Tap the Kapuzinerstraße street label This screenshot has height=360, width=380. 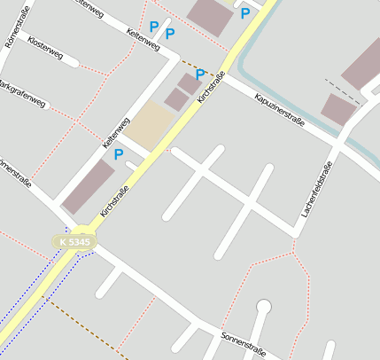pyautogui.click(x=278, y=110)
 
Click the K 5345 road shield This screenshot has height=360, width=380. pyautogui.click(x=74, y=241)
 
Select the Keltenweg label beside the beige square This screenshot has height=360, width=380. pyautogui.click(x=115, y=132)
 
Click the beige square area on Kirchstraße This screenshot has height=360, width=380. pyautogui.click(x=149, y=125)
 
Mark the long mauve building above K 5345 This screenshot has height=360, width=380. pyautogui.click(x=88, y=185)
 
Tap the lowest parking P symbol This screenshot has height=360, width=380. pyautogui.click(x=118, y=154)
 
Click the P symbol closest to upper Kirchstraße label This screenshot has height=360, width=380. pyautogui.click(x=200, y=74)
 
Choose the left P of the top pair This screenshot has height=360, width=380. pyautogui.click(x=154, y=27)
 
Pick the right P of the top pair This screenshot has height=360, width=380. pyautogui.click(x=170, y=34)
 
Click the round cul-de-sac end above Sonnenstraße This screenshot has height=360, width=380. pyautogui.click(x=262, y=307)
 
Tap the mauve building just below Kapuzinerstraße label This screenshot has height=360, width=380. pyautogui.click(x=337, y=110)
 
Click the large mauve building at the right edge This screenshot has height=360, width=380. pyautogui.click(x=363, y=62)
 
